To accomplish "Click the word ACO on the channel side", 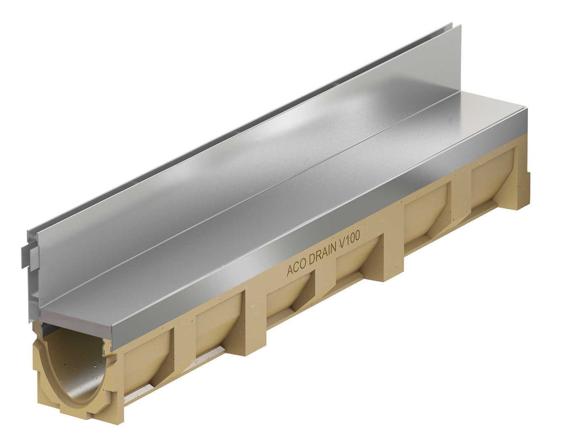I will point(296,269).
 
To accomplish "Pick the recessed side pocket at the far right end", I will point(491,172).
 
